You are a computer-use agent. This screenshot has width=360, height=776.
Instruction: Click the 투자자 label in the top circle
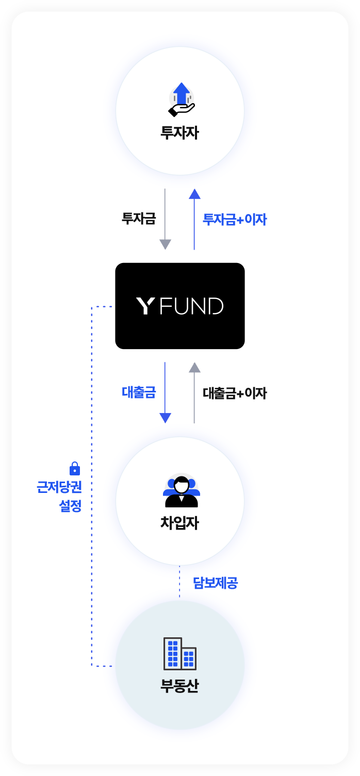[x=179, y=133]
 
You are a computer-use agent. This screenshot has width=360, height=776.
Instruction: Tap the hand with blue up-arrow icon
[x=182, y=100]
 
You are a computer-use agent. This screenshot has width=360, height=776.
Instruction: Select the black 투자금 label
[x=139, y=219]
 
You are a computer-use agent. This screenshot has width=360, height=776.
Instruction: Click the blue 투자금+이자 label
[x=235, y=219]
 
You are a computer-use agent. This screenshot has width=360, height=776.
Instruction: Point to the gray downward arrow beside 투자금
[x=165, y=219]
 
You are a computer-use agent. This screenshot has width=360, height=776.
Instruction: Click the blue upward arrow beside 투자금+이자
[x=194, y=219]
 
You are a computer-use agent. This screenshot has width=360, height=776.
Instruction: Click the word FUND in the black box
[x=192, y=306]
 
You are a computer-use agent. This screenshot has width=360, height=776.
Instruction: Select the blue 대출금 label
[x=139, y=392]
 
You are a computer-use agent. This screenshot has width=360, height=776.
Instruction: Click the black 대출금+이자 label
[x=235, y=393]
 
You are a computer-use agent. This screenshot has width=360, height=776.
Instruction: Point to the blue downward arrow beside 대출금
[x=165, y=392]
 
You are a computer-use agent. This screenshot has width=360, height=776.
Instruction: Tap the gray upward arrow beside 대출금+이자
[x=194, y=392]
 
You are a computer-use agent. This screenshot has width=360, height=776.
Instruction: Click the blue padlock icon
[x=75, y=468]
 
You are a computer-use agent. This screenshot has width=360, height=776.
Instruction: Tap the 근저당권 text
[x=59, y=487]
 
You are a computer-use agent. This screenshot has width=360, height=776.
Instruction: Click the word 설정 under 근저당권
[x=70, y=506]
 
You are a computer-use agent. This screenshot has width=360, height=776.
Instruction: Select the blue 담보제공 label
[x=215, y=583]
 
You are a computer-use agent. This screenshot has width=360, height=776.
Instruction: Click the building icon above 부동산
[x=180, y=653]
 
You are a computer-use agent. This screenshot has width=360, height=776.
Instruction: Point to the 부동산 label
[x=179, y=686]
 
